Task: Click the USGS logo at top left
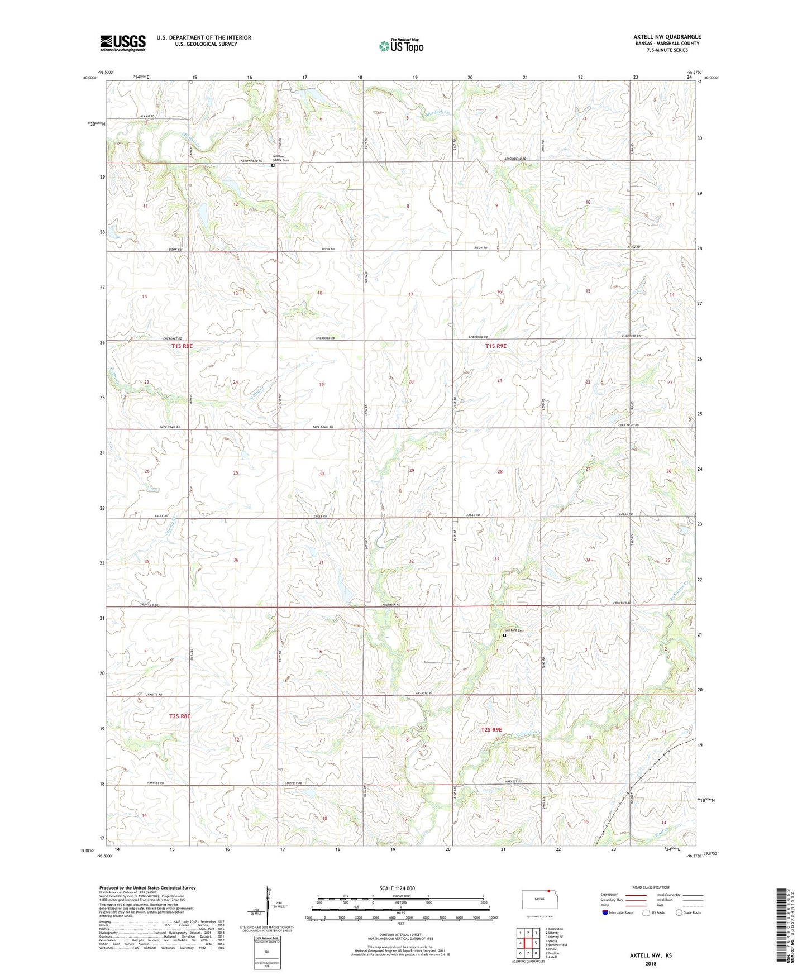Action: pyautogui.click(x=123, y=42)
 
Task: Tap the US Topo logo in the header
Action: pyautogui.click(x=400, y=46)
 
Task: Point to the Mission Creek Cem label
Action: pyautogui.click(x=281, y=158)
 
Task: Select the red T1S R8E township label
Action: pyautogui.click(x=182, y=346)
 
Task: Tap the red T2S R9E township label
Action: pyautogui.click(x=491, y=730)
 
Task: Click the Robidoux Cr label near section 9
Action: pyautogui.click(x=527, y=733)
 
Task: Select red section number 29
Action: pyautogui.click(x=412, y=471)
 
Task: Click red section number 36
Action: pyautogui.click(x=236, y=560)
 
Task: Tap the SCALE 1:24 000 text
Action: pyautogui.click(x=397, y=888)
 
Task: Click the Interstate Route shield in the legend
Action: pyautogui.click(x=605, y=912)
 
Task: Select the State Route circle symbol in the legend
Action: pyautogui.click(x=679, y=912)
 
